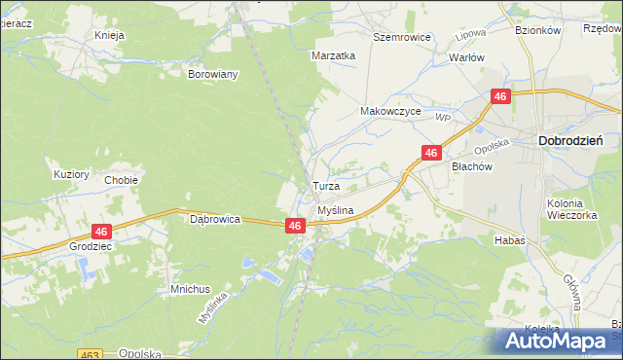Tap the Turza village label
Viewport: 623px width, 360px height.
tap(325, 185)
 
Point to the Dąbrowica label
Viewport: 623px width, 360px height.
tap(215, 220)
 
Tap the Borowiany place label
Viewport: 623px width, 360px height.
tap(213, 74)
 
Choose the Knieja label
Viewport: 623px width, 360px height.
tap(110, 36)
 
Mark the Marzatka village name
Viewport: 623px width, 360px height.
tap(334, 55)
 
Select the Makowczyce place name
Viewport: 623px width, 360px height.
tap(390, 112)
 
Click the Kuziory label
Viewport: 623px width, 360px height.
tap(71, 175)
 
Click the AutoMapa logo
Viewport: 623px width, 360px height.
tap(556, 342)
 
